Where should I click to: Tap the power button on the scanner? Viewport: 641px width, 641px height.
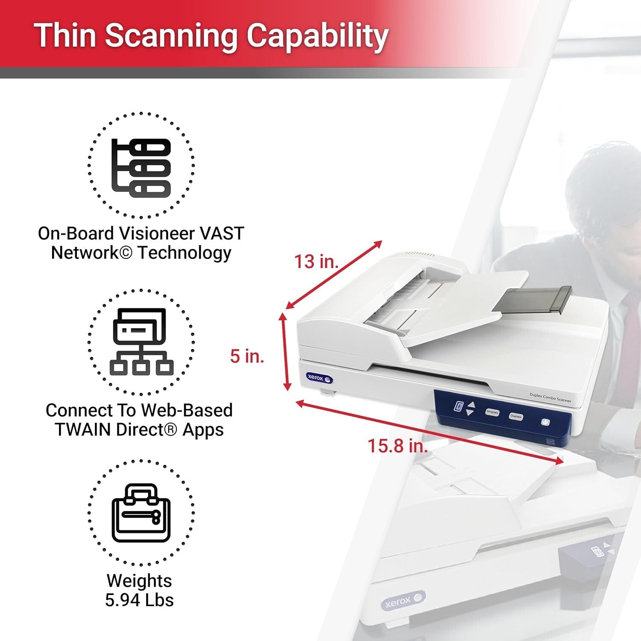click(x=545, y=422)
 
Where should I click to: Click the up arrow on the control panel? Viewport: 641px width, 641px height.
click(x=471, y=404)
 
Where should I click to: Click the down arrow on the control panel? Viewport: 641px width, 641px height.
click(x=470, y=412)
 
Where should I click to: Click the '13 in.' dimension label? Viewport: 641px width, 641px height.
click(x=316, y=262)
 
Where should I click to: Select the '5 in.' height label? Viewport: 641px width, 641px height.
click(x=247, y=356)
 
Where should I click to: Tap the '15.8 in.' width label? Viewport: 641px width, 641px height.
click(x=397, y=446)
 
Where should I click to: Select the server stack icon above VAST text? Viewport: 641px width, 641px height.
click(x=141, y=168)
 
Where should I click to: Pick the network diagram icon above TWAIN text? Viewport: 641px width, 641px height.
click(x=141, y=342)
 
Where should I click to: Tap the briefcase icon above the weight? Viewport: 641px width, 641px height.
click(x=141, y=513)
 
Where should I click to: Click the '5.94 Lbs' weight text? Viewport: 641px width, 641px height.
click(x=139, y=600)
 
